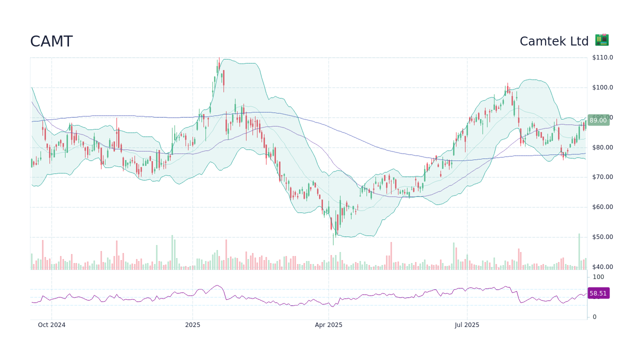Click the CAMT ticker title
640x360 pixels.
(x=51, y=41)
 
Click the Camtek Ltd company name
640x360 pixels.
(x=554, y=41)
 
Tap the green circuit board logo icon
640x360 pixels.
(x=601, y=40)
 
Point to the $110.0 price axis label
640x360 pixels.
(x=602, y=57)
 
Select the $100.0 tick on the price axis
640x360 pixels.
(x=602, y=87)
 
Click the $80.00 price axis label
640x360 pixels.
(x=602, y=147)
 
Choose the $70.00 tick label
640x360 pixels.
(x=602, y=177)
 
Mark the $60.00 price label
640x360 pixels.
(x=602, y=207)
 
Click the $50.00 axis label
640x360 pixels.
(x=602, y=237)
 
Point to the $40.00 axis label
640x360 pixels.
(x=602, y=267)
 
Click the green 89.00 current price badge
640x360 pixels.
(x=598, y=120)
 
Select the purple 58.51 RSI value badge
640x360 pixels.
(x=598, y=293)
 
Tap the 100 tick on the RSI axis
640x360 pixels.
(x=598, y=277)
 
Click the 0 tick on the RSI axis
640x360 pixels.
(x=594, y=317)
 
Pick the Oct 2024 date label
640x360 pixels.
(x=51, y=325)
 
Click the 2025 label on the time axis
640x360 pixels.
(x=192, y=325)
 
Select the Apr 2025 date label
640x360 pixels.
(x=328, y=325)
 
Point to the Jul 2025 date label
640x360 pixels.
(x=467, y=325)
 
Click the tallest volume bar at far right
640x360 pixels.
(x=579, y=251)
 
